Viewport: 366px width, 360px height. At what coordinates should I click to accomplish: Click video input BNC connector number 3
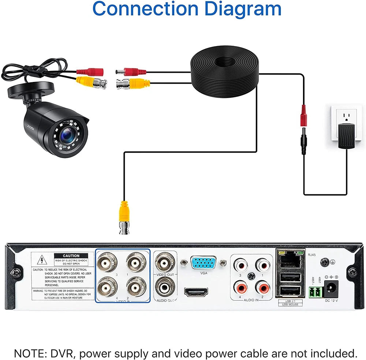107,262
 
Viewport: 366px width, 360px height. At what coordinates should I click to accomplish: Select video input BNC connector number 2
137,288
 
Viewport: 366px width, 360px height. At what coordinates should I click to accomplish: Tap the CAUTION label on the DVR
71,256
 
